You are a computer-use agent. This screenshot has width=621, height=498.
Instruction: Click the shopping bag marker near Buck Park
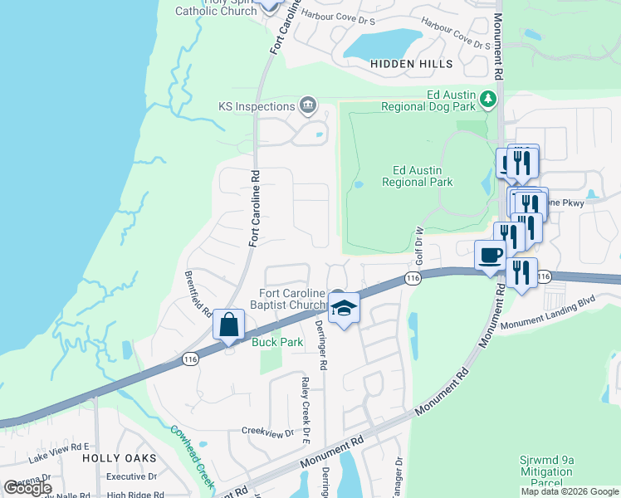pyautogui.click(x=228, y=325)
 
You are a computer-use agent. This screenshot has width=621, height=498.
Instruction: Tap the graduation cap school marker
pyautogui.click(x=343, y=308)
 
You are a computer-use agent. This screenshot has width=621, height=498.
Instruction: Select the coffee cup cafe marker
pyautogui.click(x=490, y=255)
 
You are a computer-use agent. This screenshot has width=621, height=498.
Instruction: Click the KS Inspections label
pyautogui.click(x=256, y=106)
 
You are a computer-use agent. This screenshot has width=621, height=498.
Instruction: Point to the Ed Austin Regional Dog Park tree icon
pyautogui.click(x=489, y=100)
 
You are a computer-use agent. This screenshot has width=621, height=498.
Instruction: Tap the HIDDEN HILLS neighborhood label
pyautogui.click(x=412, y=64)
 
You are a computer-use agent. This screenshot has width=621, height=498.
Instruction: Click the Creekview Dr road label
pyautogui.click(x=267, y=432)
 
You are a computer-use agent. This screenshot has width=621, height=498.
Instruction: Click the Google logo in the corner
pyautogui.click(x=28, y=488)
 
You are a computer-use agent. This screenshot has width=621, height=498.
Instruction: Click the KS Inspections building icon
pyautogui.click(x=307, y=105)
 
